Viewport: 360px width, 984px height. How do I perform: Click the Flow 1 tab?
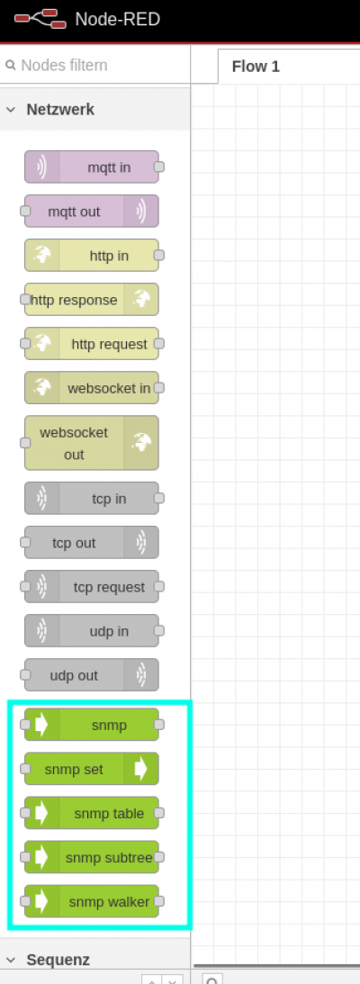point(256,67)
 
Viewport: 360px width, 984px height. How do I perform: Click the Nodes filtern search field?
point(94,65)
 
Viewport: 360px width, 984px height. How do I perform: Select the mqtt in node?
point(92,167)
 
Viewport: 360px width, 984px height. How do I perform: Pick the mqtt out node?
point(92,211)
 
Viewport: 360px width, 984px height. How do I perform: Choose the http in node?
point(92,256)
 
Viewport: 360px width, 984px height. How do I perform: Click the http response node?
point(92,300)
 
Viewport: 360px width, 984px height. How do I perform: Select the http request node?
point(92,344)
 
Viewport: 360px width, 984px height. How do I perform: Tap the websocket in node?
point(92,388)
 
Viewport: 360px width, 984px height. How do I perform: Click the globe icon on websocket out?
point(141,442)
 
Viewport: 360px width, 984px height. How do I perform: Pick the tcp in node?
point(92,498)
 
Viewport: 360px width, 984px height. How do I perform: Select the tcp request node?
point(92,587)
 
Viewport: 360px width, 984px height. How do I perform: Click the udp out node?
point(92,675)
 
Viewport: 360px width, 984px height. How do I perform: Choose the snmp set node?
point(92,769)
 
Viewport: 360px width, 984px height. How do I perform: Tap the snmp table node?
point(92,813)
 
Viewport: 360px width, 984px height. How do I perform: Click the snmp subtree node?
point(92,857)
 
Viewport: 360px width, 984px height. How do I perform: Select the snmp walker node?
point(92,902)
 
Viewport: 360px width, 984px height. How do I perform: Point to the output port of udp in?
point(159,631)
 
